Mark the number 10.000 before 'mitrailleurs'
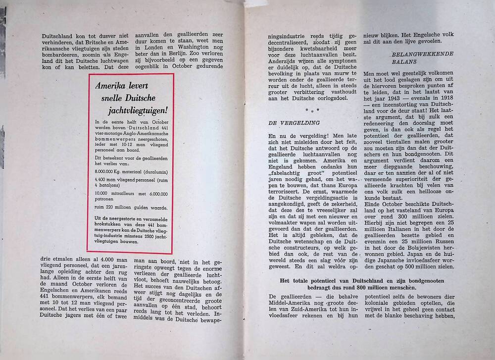pos(103,194)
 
